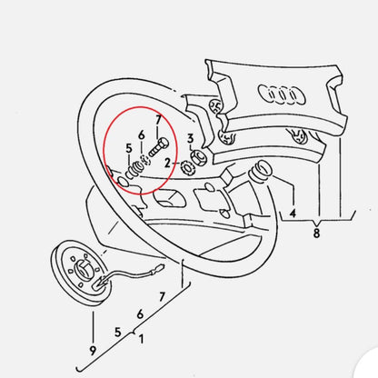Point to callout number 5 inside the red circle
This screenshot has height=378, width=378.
129,147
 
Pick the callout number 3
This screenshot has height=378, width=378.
189,138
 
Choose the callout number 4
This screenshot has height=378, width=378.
293,214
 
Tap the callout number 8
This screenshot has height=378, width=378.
316,233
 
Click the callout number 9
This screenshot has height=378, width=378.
92,348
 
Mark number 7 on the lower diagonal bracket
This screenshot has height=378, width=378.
162,296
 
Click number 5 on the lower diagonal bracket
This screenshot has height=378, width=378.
118,332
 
